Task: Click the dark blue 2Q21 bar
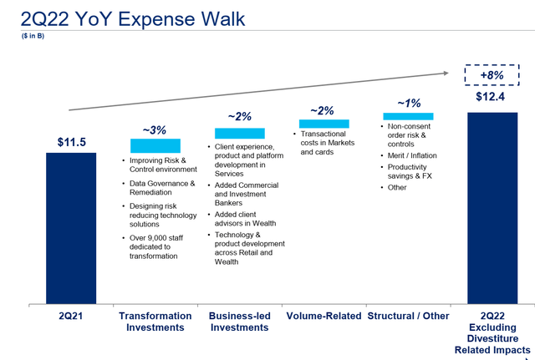(70, 227)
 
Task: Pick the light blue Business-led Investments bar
(240, 133)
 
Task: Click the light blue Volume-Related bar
(324, 124)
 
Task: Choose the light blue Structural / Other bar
(408, 116)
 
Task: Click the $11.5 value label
(71, 142)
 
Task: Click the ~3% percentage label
(155, 130)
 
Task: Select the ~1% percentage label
(408, 103)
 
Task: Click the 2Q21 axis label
(71, 317)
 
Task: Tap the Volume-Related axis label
(324, 317)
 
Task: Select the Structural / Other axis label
(408, 317)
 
